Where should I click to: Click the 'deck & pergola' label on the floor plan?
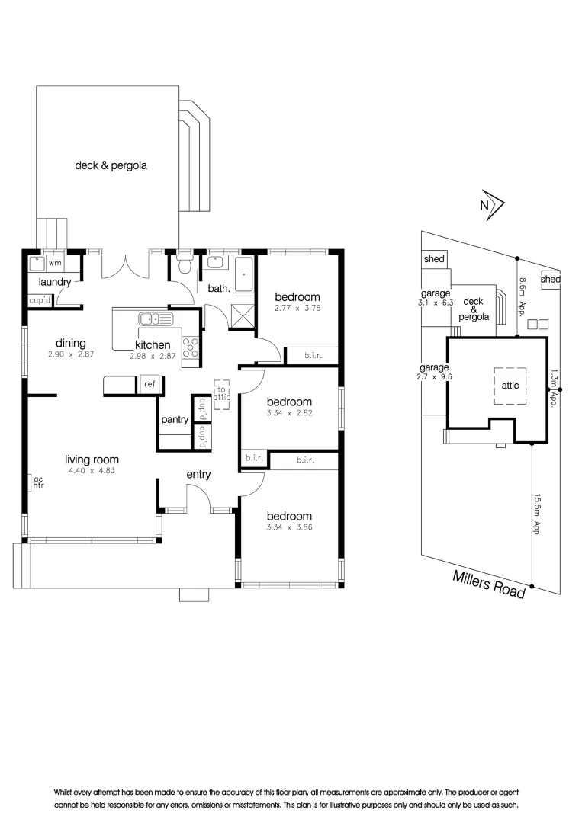click(x=111, y=165)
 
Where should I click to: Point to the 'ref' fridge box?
click(x=149, y=385)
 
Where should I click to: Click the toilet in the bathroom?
click(x=183, y=267)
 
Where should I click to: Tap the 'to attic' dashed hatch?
click(x=222, y=393)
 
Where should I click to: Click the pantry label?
click(x=175, y=420)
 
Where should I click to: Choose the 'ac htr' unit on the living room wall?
click(x=36, y=482)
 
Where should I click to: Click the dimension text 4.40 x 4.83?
click(x=92, y=471)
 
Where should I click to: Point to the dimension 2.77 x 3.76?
click(x=297, y=309)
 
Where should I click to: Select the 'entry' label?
click(x=198, y=475)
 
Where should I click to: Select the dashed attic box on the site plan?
click(x=510, y=385)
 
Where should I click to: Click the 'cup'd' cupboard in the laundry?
click(x=40, y=300)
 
